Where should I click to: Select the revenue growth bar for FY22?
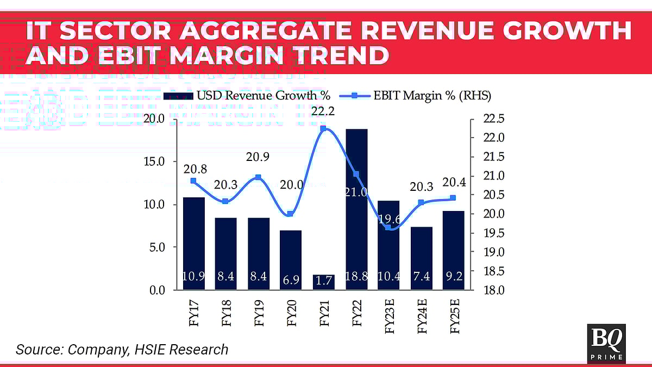tap(356, 209)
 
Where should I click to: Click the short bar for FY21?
tap(324, 282)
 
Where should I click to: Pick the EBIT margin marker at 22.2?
tap(323, 129)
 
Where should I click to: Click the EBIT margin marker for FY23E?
tap(388, 227)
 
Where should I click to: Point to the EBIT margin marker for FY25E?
tap(454, 198)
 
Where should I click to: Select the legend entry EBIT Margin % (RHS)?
tap(416, 96)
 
